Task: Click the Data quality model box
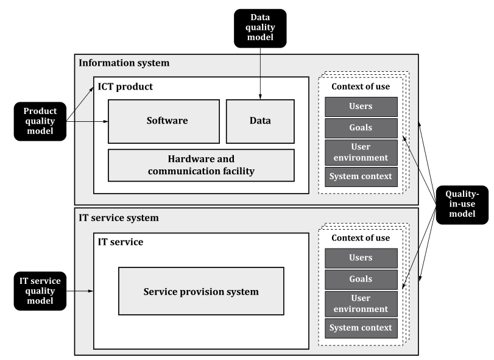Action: pyautogui.click(x=260, y=29)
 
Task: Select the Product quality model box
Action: pyautogui.click(x=40, y=121)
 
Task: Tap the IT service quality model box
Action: pyautogui.click(x=40, y=291)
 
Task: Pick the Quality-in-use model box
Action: pyautogui.click(x=462, y=205)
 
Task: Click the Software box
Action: pyautogui.click(x=164, y=122)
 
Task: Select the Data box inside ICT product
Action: pyautogui.click(x=260, y=122)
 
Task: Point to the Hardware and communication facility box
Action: pyautogui.click(x=202, y=165)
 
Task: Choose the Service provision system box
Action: pyautogui.click(x=202, y=291)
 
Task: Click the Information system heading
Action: pyautogui.click(x=124, y=63)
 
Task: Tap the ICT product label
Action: pyautogui.click(x=125, y=86)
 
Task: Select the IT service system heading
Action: pyautogui.click(x=119, y=218)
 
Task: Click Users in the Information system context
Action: pyautogui.click(x=361, y=107)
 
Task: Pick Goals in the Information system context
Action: pyautogui.click(x=361, y=128)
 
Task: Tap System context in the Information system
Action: pyautogui.click(x=361, y=177)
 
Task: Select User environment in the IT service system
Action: pyautogui.click(x=361, y=304)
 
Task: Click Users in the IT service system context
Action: pyautogui.click(x=361, y=258)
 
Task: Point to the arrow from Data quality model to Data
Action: pyautogui.click(x=260, y=74)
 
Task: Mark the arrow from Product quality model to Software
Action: pyautogui.click(x=87, y=121)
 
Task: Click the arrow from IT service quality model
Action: pyautogui.click(x=80, y=291)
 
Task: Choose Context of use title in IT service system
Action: pyautogui.click(x=361, y=238)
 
